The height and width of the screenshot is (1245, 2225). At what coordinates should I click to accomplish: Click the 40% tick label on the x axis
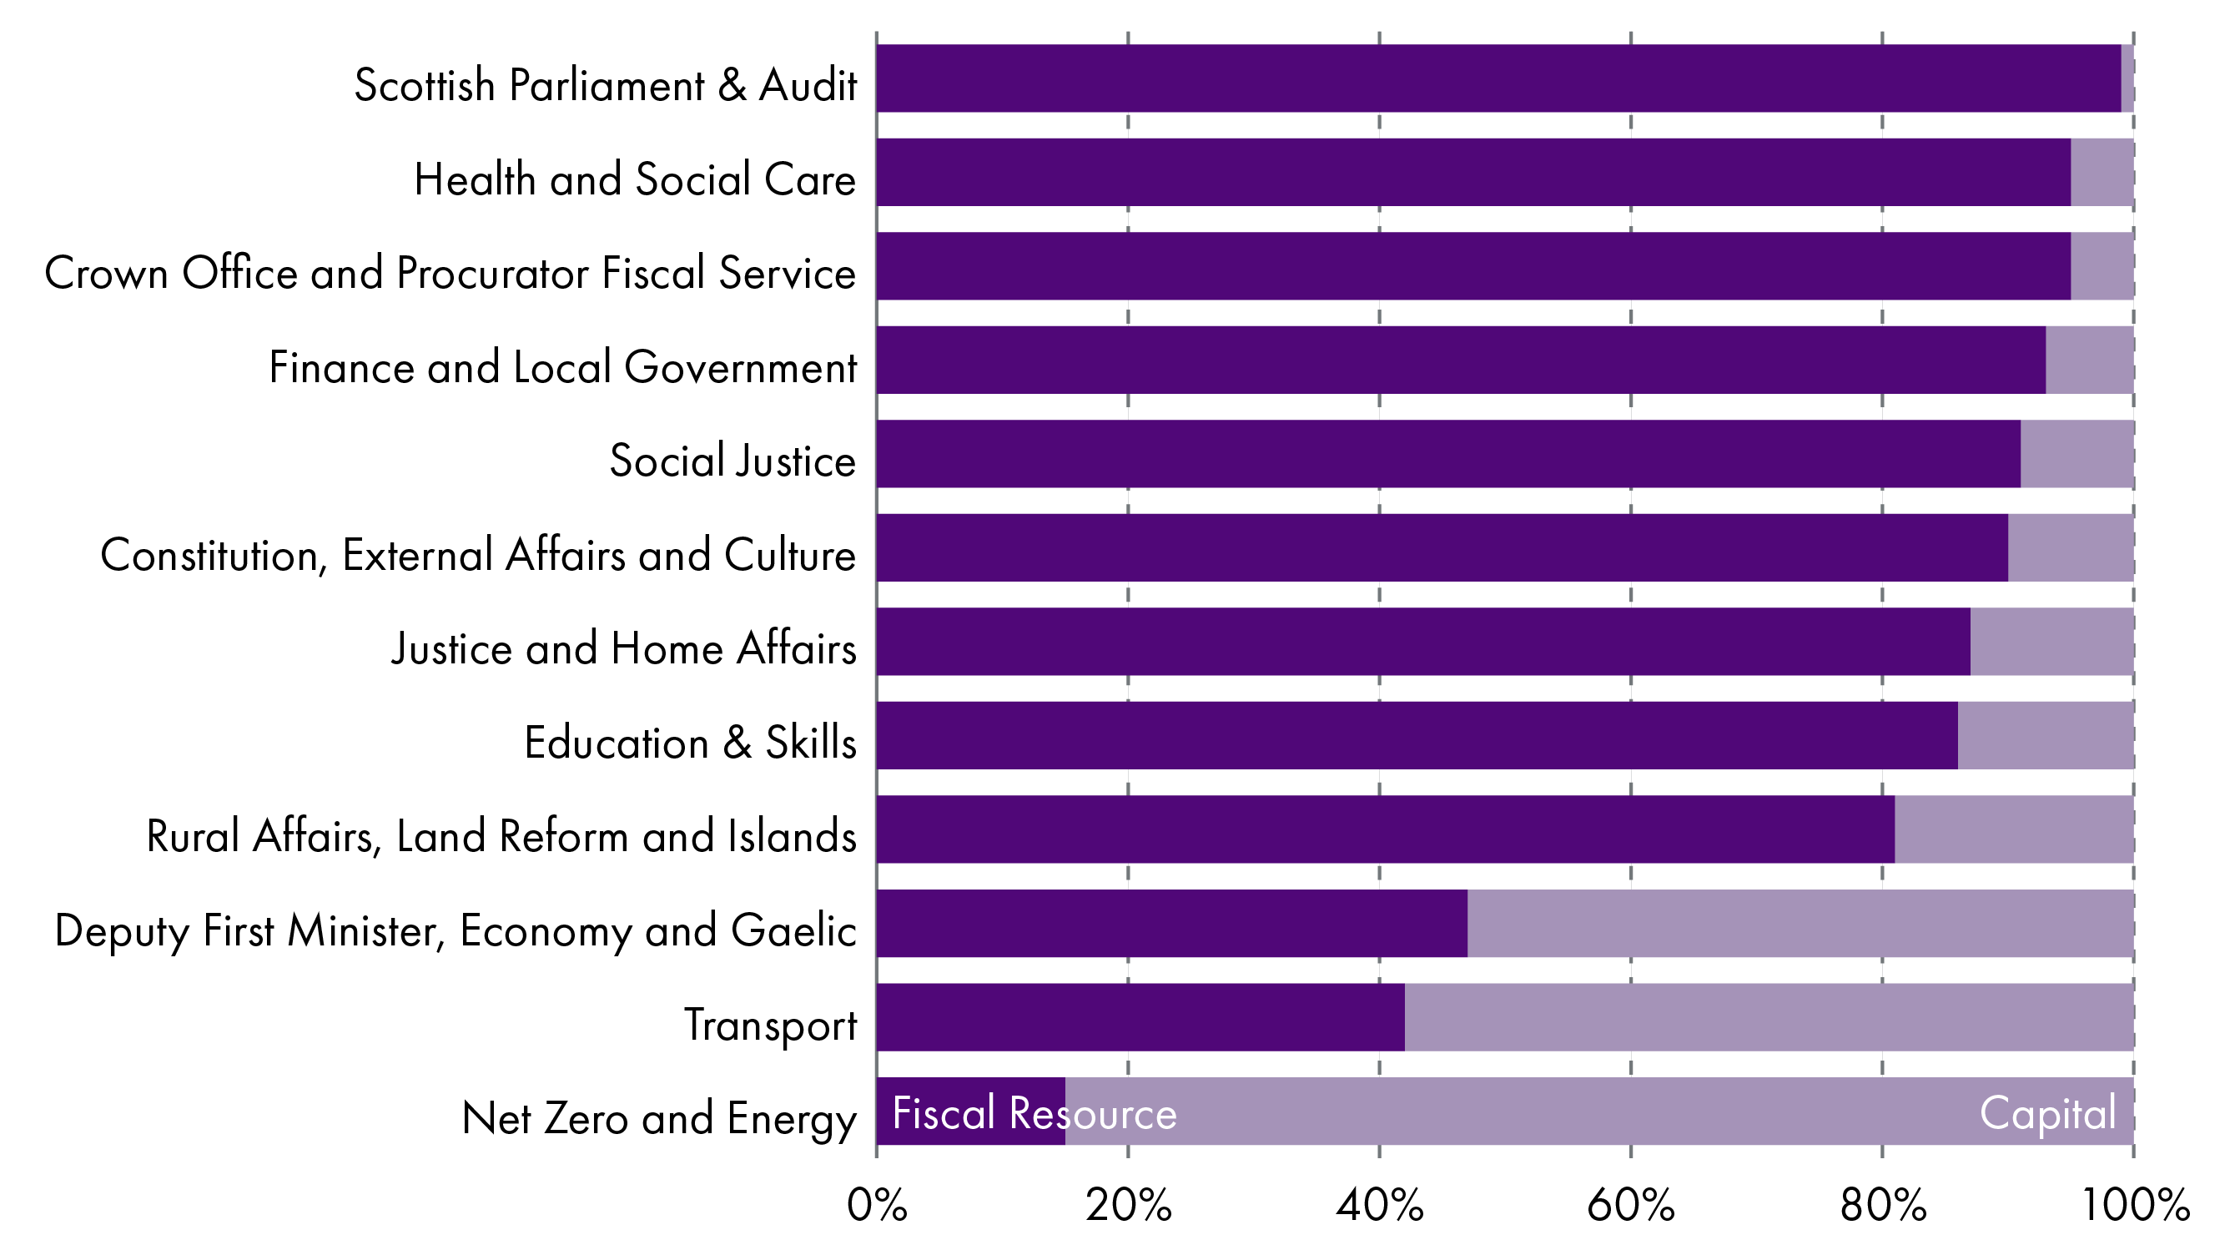click(1379, 1205)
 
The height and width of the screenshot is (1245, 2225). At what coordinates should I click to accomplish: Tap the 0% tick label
click(877, 1205)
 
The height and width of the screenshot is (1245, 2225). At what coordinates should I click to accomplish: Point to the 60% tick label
click(1631, 1205)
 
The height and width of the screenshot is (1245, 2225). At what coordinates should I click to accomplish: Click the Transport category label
click(771, 1026)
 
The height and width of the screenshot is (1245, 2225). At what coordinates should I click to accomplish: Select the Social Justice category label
click(732, 461)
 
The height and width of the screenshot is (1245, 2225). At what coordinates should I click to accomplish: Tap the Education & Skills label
click(690, 743)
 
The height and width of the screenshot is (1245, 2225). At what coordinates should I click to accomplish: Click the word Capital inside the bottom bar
click(2047, 1113)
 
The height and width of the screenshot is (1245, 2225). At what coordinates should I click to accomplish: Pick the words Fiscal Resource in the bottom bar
click(1034, 1113)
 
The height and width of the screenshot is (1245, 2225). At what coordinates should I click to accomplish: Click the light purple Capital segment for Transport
click(1769, 1017)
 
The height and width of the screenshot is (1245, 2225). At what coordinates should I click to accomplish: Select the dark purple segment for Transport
click(1140, 1017)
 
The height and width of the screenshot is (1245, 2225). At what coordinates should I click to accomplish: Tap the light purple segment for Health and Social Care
click(2102, 172)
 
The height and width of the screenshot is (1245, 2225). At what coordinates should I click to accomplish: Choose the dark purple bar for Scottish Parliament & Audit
click(1498, 78)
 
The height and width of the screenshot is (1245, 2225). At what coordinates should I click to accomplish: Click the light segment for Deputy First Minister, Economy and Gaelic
click(1800, 923)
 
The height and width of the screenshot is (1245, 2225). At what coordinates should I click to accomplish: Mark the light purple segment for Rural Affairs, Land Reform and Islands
click(2014, 829)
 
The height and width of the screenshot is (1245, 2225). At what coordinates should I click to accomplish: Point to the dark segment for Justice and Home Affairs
click(1423, 641)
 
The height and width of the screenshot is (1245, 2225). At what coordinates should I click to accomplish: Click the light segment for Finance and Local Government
click(2089, 360)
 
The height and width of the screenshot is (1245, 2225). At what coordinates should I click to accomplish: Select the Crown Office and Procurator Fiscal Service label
click(450, 273)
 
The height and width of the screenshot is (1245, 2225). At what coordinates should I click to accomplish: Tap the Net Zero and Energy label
click(659, 1118)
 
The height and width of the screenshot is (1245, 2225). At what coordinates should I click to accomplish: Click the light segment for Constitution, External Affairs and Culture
click(2071, 547)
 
